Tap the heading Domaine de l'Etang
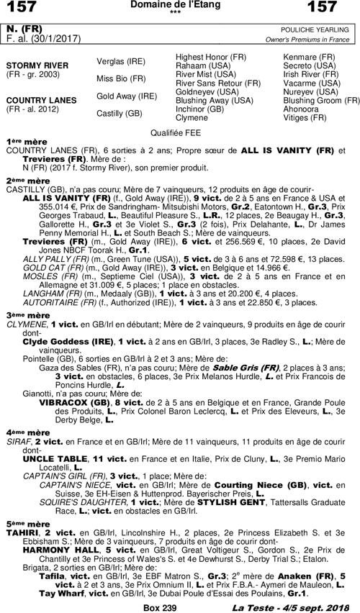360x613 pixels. [180, 5]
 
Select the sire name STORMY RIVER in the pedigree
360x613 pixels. [37, 65]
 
